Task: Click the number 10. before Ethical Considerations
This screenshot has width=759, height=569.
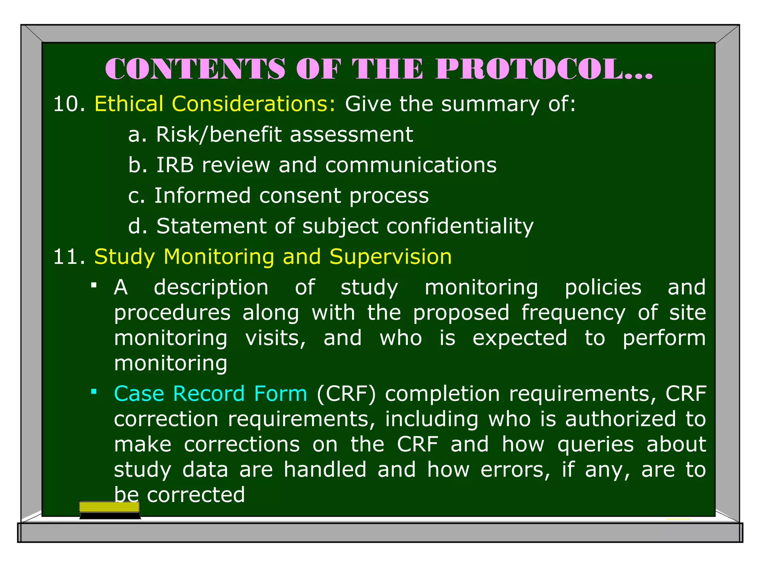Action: (x=69, y=104)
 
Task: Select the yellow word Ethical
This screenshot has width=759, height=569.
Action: (x=129, y=104)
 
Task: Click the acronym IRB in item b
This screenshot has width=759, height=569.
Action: (x=175, y=165)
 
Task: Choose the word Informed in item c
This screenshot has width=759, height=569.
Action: (x=202, y=196)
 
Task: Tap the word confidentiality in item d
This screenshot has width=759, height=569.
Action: (x=460, y=226)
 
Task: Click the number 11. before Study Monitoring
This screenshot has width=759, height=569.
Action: (x=69, y=257)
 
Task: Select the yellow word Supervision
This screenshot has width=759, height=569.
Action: (x=391, y=257)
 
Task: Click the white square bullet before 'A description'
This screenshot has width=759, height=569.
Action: (x=94, y=285)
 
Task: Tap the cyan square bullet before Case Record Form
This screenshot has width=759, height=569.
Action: (x=94, y=391)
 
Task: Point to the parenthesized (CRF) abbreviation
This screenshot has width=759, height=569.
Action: (x=346, y=393)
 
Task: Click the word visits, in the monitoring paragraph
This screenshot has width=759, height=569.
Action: (x=276, y=338)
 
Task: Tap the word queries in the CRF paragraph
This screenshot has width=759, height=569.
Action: (x=596, y=444)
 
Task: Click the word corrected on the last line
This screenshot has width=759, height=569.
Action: (x=196, y=495)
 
